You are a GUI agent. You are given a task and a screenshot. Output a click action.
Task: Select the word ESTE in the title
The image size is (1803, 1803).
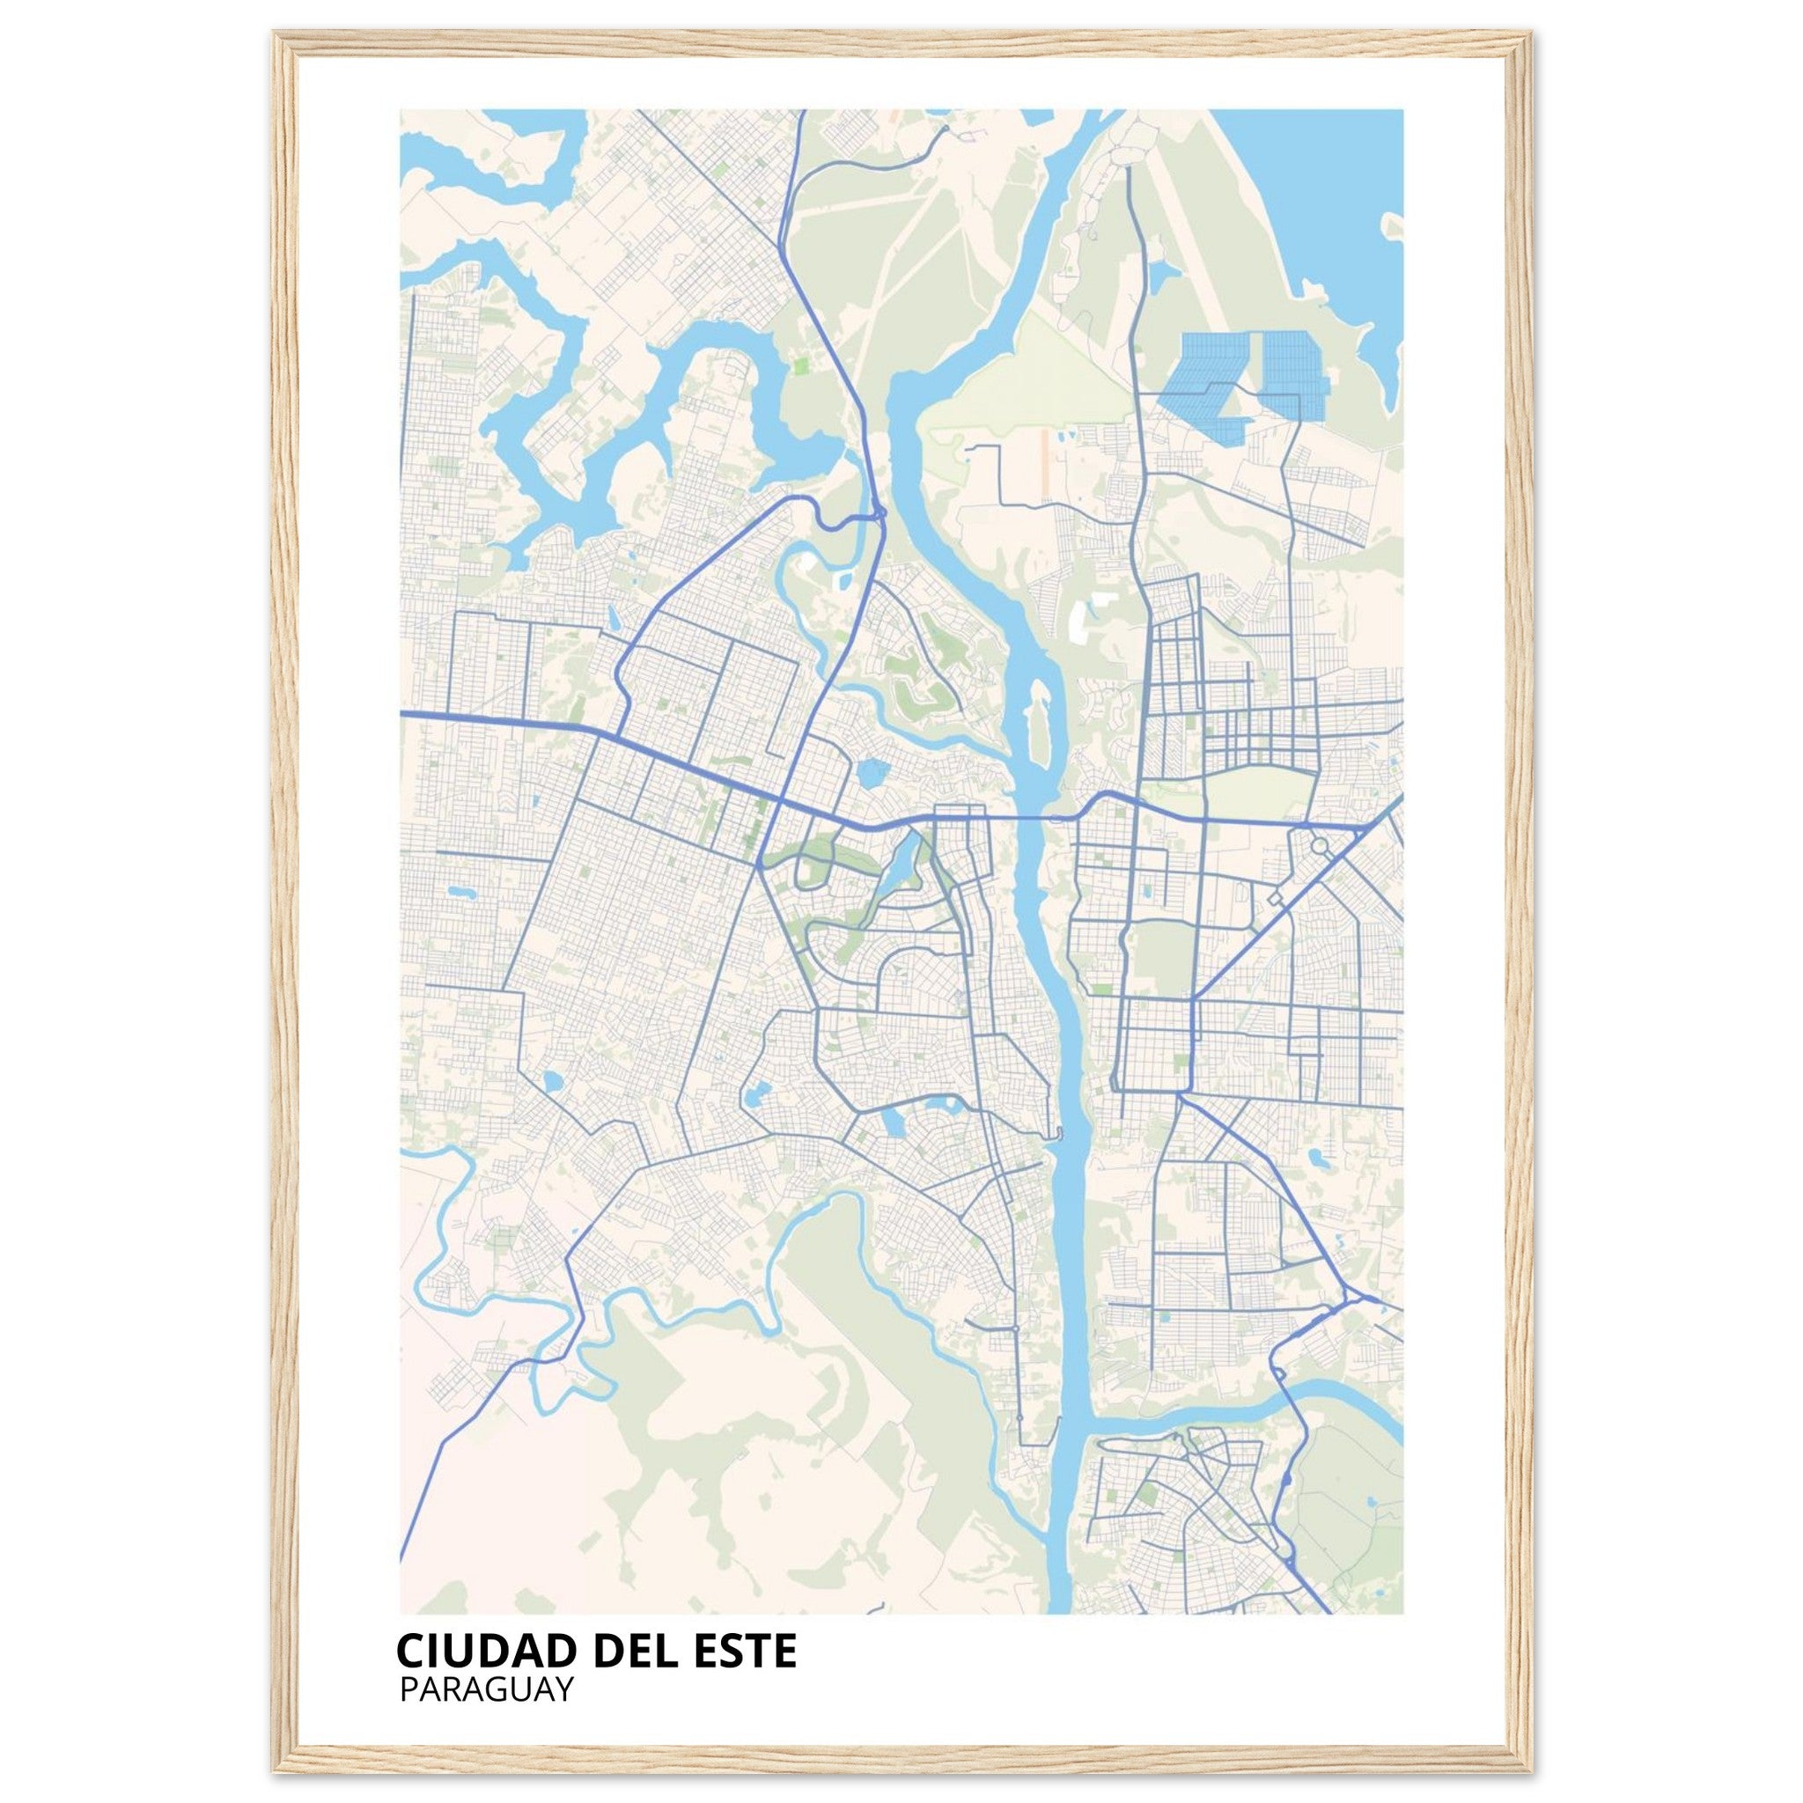coord(747,1650)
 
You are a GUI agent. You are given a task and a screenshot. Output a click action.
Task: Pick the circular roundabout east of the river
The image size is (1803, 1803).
coord(1320,846)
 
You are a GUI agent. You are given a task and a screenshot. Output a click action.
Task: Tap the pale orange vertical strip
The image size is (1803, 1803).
coord(1043,461)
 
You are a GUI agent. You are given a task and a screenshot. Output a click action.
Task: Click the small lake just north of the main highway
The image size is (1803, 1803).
coord(872,772)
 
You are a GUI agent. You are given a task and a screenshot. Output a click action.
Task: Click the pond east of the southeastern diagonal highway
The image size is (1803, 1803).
coord(1320,1160)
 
